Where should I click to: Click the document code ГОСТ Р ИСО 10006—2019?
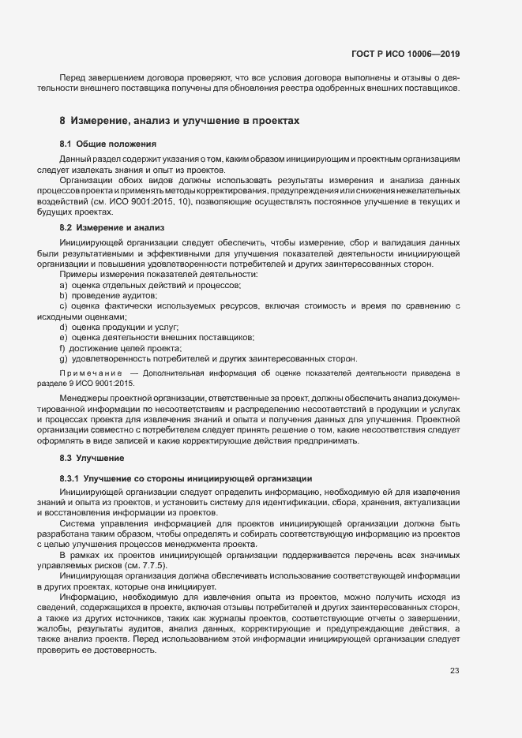coord(405,54)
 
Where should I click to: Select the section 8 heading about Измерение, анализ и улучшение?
coord(178,121)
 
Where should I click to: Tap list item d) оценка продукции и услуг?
coord(119,327)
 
